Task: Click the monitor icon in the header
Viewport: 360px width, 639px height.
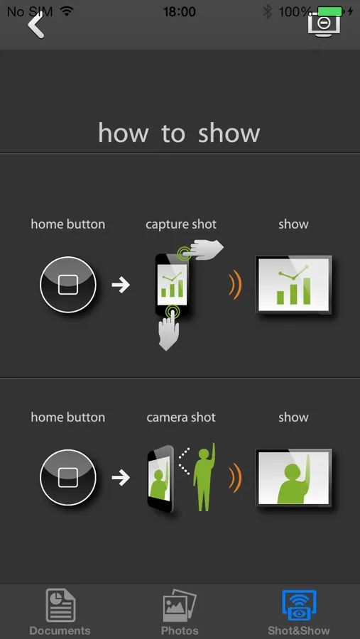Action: point(324,24)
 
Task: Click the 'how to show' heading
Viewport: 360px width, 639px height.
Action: point(179,133)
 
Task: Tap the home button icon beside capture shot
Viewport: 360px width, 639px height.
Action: point(68,285)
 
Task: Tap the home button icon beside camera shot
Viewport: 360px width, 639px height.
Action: point(68,478)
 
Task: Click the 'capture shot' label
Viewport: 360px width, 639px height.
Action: point(181,224)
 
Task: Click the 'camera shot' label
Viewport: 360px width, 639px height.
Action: point(181,417)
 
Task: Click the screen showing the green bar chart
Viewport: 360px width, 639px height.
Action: point(293,285)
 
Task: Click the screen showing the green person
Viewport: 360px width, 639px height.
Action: point(293,478)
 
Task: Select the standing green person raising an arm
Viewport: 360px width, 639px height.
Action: point(204,477)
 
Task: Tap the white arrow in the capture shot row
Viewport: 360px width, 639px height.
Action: point(121,285)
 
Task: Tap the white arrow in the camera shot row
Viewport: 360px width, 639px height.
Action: point(121,478)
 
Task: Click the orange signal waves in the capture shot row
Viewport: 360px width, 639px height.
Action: point(236,285)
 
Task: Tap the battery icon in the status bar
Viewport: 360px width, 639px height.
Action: point(331,11)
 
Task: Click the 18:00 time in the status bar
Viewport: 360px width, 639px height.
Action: point(180,11)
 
